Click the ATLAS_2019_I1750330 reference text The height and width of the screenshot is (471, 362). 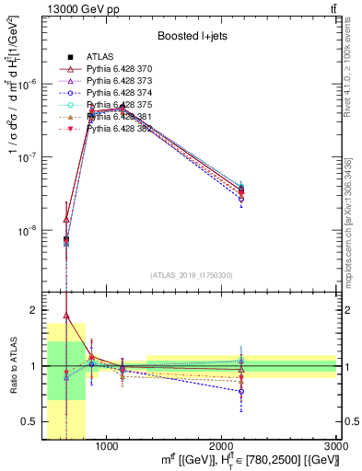point(191,274)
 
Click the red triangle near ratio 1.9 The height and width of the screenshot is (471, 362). point(66,316)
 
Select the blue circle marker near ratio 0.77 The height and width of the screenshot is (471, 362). point(241,391)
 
